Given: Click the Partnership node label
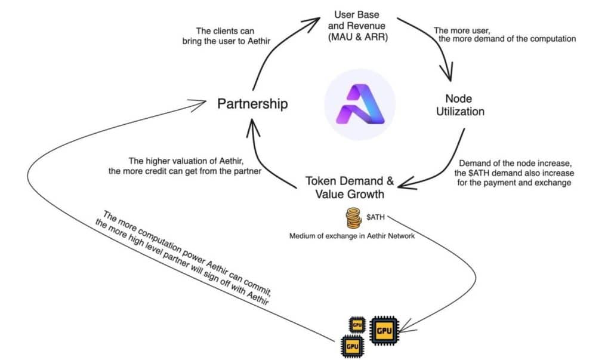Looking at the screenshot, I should (x=252, y=104).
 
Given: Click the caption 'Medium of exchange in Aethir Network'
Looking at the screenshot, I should (x=352, y=236).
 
